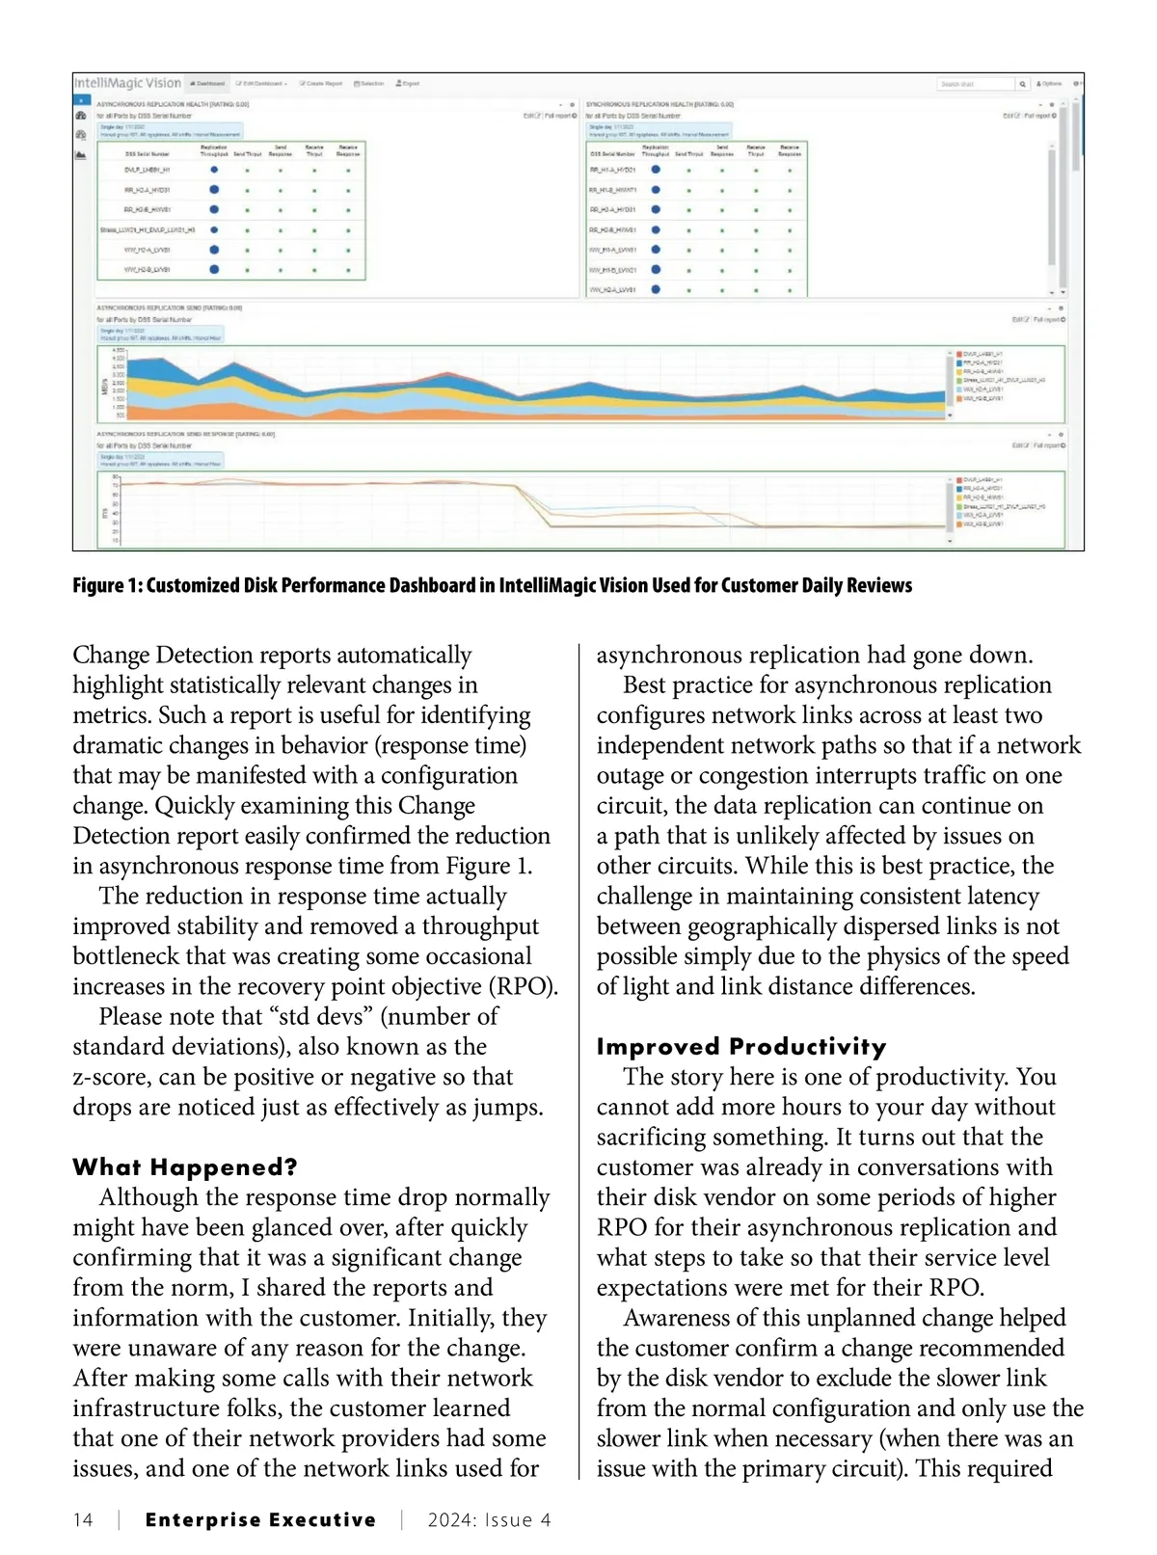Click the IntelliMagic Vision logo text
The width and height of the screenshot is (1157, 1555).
128,83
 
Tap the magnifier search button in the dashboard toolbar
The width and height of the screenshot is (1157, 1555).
1022,84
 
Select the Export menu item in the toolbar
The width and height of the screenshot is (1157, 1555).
408,84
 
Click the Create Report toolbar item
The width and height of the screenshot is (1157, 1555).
322,84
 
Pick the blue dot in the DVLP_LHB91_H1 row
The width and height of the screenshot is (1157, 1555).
214,170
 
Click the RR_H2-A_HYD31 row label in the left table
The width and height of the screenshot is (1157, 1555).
147,190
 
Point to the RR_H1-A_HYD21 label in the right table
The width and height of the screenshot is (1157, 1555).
612,170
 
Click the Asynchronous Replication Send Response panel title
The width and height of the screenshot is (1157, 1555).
185,434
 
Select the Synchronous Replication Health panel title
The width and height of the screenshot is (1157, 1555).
659,104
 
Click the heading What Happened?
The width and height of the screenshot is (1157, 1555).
184,1166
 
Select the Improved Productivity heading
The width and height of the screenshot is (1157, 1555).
740,1046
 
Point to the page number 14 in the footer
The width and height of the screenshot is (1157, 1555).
83,1520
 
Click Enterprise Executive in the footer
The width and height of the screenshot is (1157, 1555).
260,1520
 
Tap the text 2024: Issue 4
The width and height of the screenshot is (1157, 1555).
489,1520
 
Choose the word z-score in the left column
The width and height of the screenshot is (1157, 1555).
112,1077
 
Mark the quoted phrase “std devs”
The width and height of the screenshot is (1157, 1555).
322,1016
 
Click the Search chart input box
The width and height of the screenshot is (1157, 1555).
974,84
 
